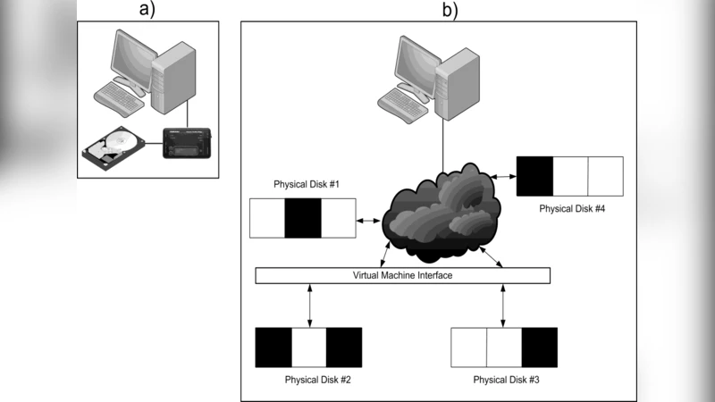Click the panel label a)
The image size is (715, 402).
tap(147, 10)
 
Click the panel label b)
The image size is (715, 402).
tap(449, 10)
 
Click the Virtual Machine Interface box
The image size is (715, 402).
tap(402, 275)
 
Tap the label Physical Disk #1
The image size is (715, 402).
tap(303, 184)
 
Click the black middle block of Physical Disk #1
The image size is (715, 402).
tap(303, 218)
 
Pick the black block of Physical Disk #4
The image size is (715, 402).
tap(535, 175)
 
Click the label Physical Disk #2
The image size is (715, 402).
tap(308, 380)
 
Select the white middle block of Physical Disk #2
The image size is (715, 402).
tap(308, 348)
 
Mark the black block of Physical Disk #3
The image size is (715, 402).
tap(539, 348)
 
